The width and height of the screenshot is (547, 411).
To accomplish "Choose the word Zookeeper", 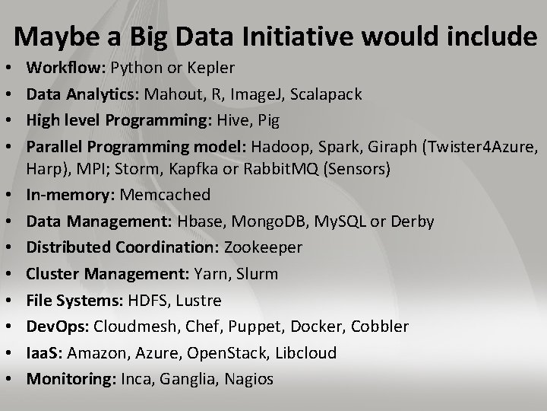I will (263, 247).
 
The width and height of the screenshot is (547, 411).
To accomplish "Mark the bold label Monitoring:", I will (71, 379).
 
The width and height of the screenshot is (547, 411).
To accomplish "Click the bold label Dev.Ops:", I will (58, 326).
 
